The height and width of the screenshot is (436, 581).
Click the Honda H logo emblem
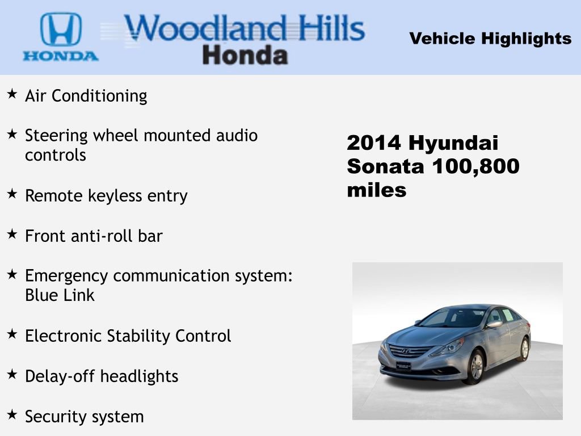coord(60,30)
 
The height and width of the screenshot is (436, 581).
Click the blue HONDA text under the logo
coord(60,56)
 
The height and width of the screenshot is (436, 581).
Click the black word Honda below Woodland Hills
coord(245,55)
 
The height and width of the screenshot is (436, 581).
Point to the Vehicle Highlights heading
coord(490,39)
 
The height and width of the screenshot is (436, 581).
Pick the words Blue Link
coord(60,295)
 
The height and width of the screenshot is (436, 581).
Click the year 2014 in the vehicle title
coord(374,143)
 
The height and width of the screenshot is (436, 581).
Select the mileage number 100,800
coord(475,167)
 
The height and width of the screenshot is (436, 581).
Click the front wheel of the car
coord(475,366)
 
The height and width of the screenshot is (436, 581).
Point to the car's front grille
coord(406,351)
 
